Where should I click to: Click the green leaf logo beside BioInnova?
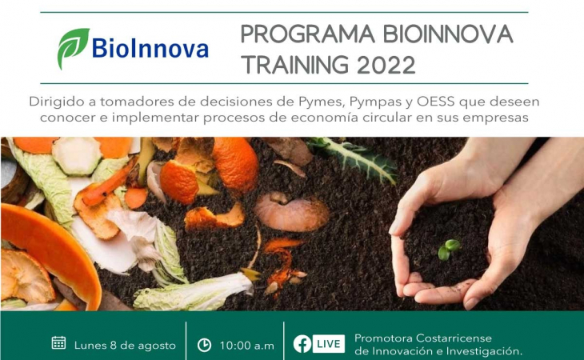[73, 48]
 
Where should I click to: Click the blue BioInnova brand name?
[150, 49]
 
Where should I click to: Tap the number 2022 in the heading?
[386, 65]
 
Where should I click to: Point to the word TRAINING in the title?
[296, 65]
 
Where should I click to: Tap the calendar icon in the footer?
[58, 343]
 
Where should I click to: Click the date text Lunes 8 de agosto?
[125, 346]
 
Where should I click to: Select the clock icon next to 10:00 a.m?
[204, 345]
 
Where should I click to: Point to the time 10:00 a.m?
[246, 346]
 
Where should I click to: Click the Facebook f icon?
[302, 344]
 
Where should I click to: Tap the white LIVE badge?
[328, 344]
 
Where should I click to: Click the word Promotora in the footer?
[383, 338]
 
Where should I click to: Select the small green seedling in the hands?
[449, 250]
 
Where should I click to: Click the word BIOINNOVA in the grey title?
[448, 34]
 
